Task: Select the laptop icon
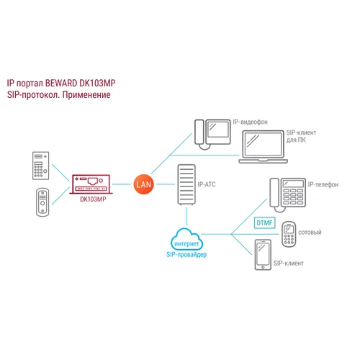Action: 261,146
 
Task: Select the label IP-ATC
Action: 207,184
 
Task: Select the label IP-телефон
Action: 323,184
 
